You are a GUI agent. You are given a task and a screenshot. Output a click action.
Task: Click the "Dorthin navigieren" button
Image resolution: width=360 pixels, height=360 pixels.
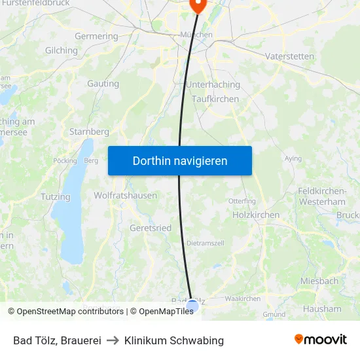[x=180, y=160]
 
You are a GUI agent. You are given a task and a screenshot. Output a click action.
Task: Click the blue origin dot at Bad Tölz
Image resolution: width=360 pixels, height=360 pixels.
[x=192, y=306]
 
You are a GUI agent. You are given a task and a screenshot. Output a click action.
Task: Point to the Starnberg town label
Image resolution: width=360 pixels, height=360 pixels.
[x=89, y=132]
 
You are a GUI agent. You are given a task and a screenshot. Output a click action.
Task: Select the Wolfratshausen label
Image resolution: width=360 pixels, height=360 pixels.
[x=126, y=195]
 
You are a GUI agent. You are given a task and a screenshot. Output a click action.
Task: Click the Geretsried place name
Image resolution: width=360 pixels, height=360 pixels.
[x=151, y=228]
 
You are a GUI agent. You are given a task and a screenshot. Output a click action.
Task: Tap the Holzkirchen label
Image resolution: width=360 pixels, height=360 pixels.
[x=256, y=215]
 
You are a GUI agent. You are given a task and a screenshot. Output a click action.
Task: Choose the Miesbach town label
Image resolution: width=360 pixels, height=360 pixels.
[x=319, y=281]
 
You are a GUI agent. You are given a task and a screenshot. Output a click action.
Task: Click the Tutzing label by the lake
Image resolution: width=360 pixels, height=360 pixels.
[x=56, y=196]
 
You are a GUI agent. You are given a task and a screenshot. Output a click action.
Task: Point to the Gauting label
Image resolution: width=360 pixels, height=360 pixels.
[x=103, y=84]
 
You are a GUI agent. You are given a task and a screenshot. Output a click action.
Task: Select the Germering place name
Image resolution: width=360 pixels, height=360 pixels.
[x=97, y=37]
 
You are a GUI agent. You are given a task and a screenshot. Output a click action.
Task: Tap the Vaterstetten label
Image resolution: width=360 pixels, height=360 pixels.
[x=289, y=56]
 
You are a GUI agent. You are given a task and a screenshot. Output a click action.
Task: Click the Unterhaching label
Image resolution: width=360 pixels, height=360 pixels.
[x=213, y=84]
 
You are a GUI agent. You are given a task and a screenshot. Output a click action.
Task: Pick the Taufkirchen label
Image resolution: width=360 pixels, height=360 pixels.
[x=215, y=99]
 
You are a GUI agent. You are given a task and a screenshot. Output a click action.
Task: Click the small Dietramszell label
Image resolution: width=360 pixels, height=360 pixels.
[x=206, y=243]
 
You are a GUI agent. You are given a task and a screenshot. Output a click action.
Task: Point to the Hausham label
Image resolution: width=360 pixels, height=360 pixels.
[x=322, y=308]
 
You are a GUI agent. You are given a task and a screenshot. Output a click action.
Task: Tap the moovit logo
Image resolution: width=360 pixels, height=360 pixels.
[x=321, y=339]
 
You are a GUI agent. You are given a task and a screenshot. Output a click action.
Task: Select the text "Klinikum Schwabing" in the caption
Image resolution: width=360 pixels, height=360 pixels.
[x=174, y=340]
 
